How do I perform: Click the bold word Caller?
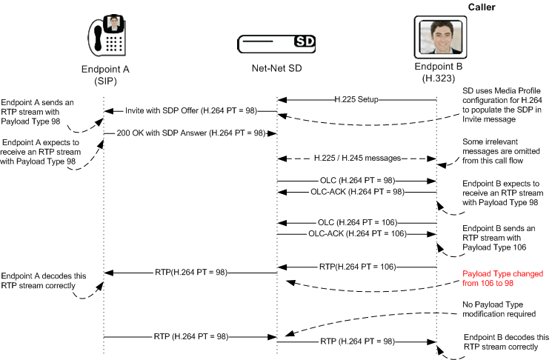[482, 7]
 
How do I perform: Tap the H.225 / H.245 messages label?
[356, 158]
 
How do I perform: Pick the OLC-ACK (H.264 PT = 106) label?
[356, 233]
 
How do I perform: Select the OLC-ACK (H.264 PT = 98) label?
[356, 192]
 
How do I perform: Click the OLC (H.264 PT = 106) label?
[356, 221]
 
